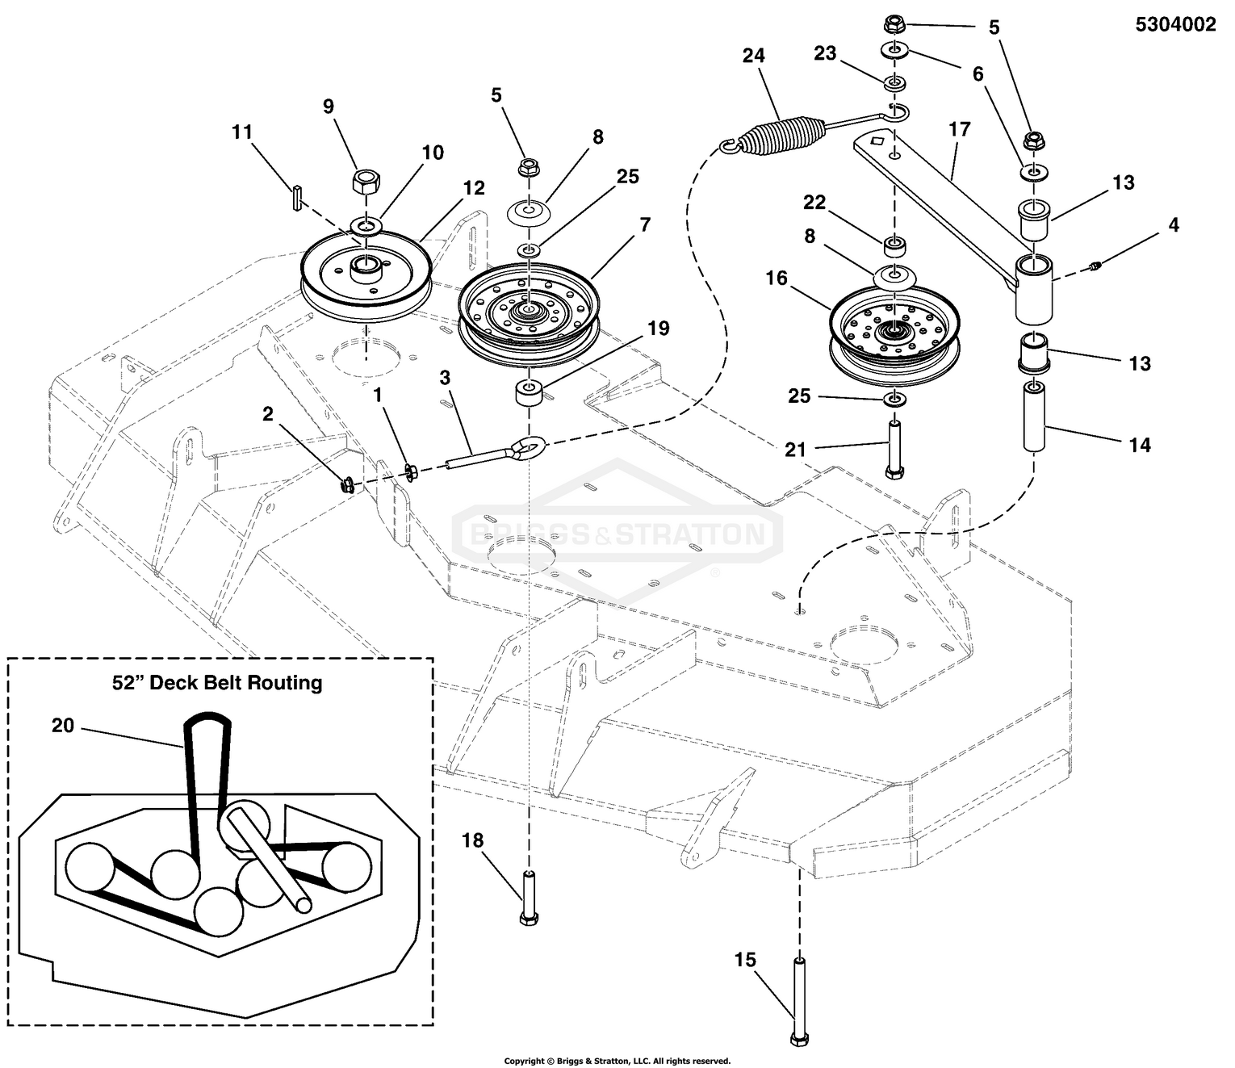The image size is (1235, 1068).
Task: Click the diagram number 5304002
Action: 1174,25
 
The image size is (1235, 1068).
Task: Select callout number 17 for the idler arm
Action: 959,129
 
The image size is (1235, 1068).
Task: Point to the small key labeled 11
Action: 297,198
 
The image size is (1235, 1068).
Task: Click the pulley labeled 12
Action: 365,274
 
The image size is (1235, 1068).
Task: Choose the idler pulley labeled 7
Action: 530,311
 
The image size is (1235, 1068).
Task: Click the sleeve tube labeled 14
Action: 1035,418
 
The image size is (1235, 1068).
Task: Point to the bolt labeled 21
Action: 894,448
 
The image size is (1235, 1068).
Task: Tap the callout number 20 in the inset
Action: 63,726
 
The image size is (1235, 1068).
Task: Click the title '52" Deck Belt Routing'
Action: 216,683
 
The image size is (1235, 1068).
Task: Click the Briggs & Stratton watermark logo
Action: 617,534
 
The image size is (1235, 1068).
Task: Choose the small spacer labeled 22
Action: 894,243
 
